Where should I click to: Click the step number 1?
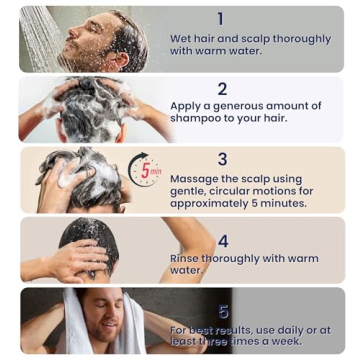(221, 18)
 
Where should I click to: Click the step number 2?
(222, 88)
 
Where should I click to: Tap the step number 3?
(222, 159)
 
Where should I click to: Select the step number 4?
(223, 241)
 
